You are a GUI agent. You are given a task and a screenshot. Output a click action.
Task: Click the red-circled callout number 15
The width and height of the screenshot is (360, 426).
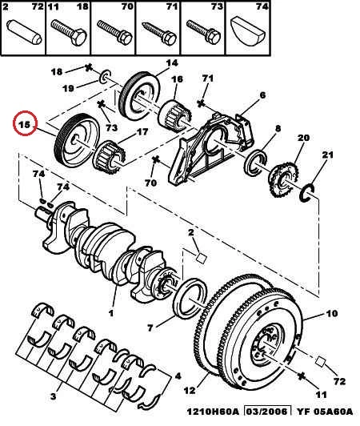coord(24,125)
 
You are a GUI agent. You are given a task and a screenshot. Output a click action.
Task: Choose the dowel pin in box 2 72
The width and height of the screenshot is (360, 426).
coord(24,32)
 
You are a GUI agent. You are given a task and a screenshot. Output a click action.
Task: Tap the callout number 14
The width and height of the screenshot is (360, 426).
coord(171,63)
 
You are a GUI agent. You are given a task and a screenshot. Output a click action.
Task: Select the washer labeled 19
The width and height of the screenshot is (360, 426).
coord(106,78)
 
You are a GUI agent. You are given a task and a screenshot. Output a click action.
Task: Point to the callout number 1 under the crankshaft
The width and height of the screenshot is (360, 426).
coord(110,313)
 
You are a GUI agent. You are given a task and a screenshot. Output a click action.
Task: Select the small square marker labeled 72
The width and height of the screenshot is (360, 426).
coord(321,362)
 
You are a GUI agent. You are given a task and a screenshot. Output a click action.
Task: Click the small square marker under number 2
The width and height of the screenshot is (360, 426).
coord(201,258)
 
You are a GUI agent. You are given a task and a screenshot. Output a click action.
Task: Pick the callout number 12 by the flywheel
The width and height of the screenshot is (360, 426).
coord(190,391)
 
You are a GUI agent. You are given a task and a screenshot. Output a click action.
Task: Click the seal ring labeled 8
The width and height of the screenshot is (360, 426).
coord(255,163)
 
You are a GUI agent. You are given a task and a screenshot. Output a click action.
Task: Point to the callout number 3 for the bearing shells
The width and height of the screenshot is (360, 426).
coord(54,396)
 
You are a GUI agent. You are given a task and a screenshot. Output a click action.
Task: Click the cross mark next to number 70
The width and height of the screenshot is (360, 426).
coord(155,160)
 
